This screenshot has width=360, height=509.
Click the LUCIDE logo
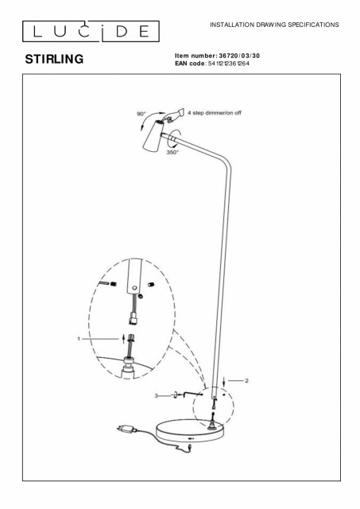(91, 31)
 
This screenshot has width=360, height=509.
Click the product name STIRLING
(54, 59)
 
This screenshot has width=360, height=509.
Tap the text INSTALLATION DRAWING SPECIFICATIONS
(274, 25)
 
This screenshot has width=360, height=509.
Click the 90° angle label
(141, 114)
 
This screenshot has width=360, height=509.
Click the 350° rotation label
(172, 152)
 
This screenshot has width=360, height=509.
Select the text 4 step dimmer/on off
(215, 113)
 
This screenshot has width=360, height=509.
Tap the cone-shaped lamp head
(153, 136)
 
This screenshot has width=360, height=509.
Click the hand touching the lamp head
(174, 115)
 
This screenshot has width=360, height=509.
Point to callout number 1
(79, 339)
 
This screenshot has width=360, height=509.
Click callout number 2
(246, 380)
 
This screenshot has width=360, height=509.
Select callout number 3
(156, 396)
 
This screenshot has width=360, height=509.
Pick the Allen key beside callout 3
(192, 394)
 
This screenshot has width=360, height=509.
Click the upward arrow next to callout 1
(123, 339)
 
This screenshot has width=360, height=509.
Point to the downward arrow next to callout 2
(224, 383)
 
